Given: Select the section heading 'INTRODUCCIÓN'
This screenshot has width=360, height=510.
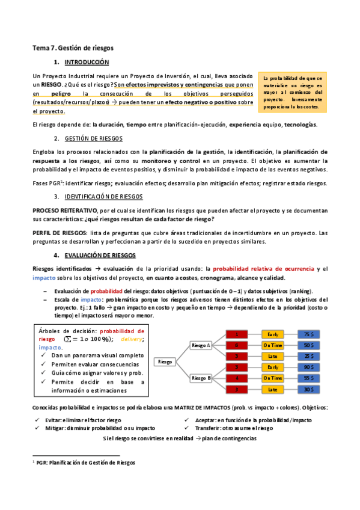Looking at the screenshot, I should click(x=87, y=63).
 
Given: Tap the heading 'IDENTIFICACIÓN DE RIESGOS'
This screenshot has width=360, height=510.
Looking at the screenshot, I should click(x=106, y=197).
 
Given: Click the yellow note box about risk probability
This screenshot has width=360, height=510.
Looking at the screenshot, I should click(x=293, y=93).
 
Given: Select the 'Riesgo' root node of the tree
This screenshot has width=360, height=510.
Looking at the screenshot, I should click(x=165, y=361).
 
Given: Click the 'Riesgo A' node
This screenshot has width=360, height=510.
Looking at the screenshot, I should click(x=200, y=345).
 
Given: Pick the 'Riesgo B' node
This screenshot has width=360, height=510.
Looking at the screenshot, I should click(x=200, y=378).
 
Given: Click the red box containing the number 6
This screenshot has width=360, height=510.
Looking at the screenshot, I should click(x=237, y=345).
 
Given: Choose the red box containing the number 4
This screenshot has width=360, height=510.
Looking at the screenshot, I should click(x=237, y=378).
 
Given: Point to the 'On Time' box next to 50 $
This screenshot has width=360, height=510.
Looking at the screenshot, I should click(x=273, y=345).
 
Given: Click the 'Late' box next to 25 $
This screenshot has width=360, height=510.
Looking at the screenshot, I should click(x=273, y=356).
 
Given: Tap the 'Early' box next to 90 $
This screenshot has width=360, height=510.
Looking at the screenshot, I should click(x=273, y=367).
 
